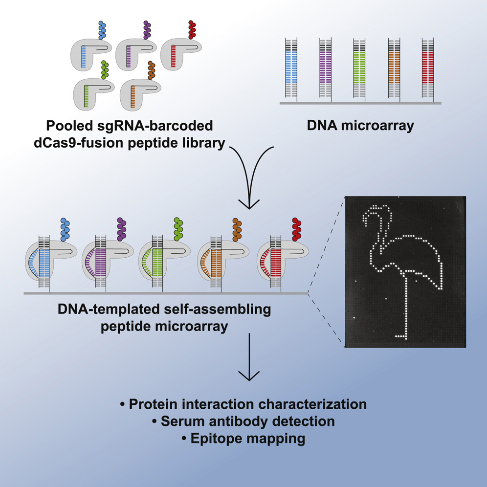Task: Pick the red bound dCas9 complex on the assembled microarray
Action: pos(276,259)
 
